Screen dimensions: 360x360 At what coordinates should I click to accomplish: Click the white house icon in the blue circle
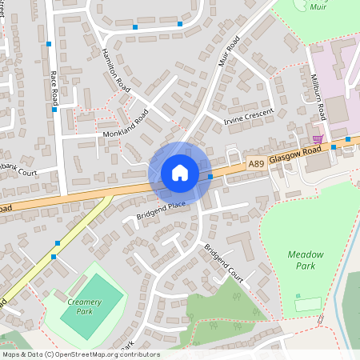point(179,173)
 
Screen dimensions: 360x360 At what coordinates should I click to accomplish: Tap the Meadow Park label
point(306,259)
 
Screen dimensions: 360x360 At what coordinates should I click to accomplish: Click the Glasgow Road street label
point(293,158)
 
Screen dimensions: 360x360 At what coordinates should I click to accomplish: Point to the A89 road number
point(256,163)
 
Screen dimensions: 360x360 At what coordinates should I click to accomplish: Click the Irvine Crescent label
point(248,117)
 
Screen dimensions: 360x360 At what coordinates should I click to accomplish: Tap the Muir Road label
point(229,51)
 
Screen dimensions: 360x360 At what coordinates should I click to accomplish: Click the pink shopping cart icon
point(318,140)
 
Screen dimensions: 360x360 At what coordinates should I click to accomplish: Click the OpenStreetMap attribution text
point(80,354)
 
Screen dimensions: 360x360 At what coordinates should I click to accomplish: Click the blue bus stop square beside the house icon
point(210,176)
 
